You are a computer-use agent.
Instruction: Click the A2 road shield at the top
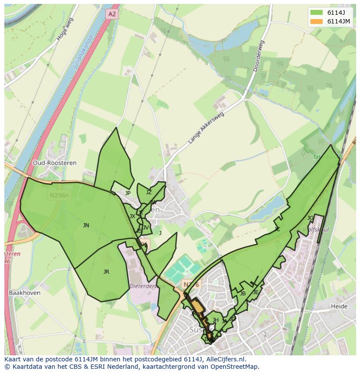[112, 14]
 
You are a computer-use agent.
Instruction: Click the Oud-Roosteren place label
[54, 163]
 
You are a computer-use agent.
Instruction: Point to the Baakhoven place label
[24, 293]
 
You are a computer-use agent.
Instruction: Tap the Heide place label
[339, 306]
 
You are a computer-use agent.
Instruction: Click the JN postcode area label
[86, 225]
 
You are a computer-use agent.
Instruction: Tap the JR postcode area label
[106, 271]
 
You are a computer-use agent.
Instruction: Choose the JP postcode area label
[127, 193]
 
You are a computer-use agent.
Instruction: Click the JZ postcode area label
[149, 192]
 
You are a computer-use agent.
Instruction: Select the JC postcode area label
[277, 229]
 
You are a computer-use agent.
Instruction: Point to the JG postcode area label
[310, 218]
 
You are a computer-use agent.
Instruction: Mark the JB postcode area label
[243, 294]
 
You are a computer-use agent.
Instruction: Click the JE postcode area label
[256, 292]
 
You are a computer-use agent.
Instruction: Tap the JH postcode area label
[215, 320]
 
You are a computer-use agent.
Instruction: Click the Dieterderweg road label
[143, 286]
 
